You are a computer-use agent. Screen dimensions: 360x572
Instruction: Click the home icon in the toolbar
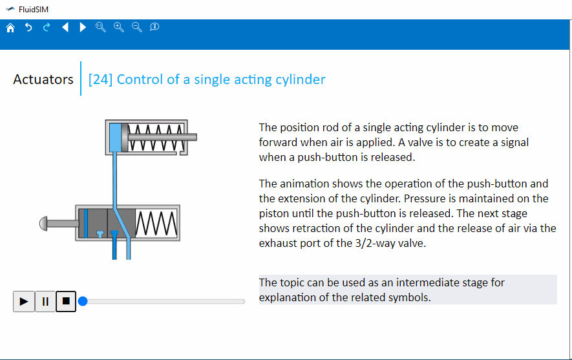pos(10,27)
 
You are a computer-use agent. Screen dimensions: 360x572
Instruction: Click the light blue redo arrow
pos(47,27)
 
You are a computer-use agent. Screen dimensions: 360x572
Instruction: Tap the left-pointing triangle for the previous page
pos(65,27)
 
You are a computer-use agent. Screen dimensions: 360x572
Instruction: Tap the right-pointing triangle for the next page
pos(83,27)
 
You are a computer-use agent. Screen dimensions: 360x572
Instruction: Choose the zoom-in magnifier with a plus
pos(118,27)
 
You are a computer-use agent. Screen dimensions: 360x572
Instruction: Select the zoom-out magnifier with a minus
pos(136,27)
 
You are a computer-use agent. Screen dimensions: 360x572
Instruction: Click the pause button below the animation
pos(45,301)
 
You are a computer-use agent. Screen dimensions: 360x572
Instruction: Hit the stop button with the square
pos(66,301)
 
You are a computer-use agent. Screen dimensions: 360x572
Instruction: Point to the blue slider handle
pos(83,301)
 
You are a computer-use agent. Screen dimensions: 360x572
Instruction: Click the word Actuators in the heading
pos(43,79)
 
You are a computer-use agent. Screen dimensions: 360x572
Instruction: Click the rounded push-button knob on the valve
pos(44,224)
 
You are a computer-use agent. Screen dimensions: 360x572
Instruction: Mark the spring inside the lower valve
pos(156,223)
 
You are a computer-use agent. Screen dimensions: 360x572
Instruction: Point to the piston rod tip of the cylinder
pos(193,137)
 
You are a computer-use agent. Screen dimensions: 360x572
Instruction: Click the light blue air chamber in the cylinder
pos(115,136)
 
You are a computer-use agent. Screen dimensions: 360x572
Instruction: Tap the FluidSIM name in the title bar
pos(33,9)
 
